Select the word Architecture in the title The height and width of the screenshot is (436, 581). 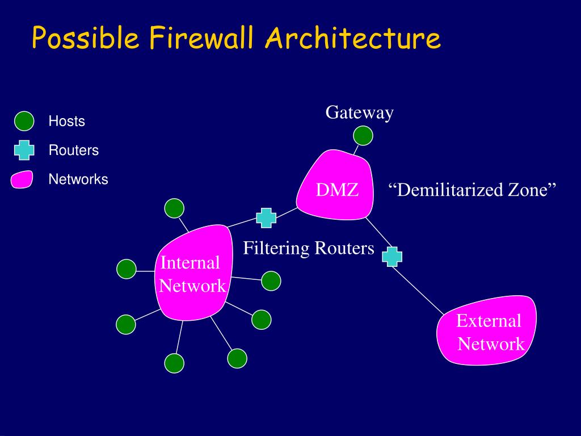(x=352, y=39)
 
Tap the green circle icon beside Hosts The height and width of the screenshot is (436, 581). (x=24, y=121)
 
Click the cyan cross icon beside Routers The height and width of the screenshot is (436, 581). (x=24, y=150)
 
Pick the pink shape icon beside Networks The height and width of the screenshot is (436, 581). (x=22, y=179)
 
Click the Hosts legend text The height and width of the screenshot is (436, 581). (x=66, y=121)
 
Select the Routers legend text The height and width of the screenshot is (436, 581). (x=73, y=150)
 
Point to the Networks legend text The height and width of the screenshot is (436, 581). (x=78, y=179)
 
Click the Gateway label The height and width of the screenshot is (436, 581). (x=359, y=112)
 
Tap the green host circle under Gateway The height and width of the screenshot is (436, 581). (x=363, y=136)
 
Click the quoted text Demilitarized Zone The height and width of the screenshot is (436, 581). (x=473, y=190)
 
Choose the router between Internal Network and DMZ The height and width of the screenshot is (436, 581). (x=266, y=218)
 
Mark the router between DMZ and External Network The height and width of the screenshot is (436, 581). (x=392, y=256)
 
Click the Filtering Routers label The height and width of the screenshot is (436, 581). (x=309, y=248)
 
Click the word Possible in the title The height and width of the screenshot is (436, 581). (x=85, y=39)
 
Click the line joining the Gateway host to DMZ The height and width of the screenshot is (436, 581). (x=357, y=149)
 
